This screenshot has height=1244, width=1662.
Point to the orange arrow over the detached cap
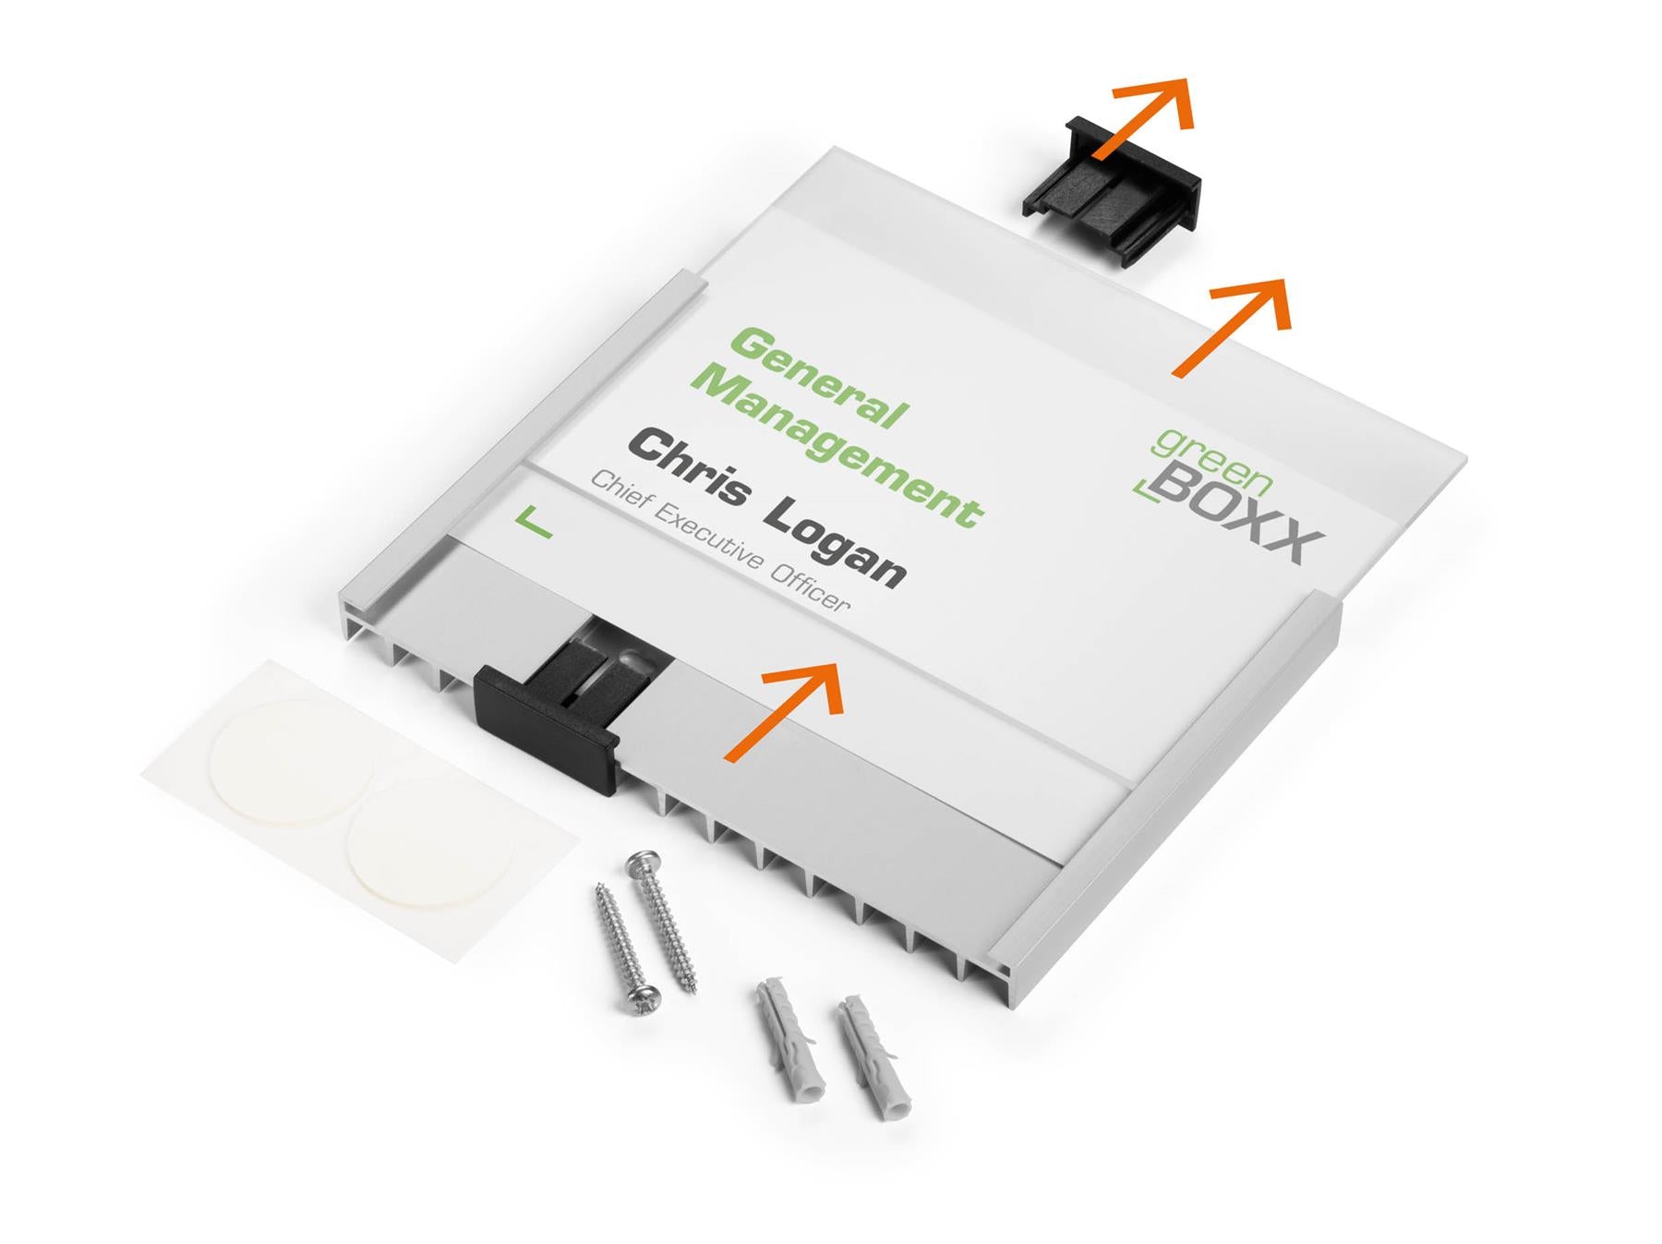[1145, 118]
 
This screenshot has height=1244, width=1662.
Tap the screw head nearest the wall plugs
[643, 1001]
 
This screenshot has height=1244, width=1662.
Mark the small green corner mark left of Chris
[533, 524]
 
